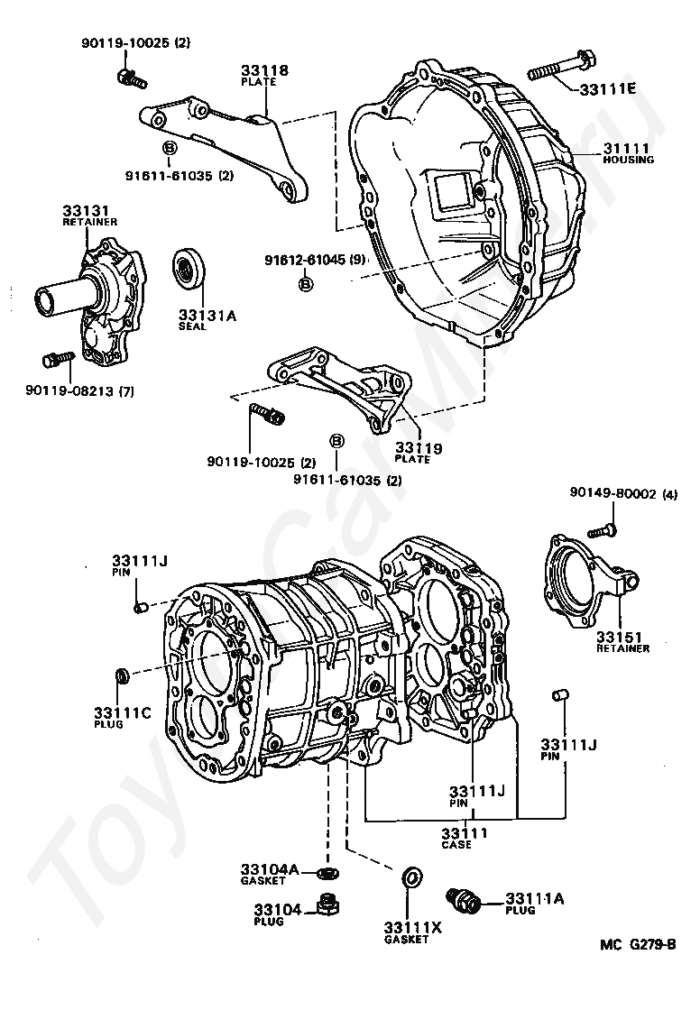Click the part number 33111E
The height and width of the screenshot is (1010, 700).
point(608,89)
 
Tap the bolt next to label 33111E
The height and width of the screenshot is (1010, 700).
point(561,67)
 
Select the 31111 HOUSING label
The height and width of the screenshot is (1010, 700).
point(628,153)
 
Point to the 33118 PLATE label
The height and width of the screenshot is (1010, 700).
point(265,75)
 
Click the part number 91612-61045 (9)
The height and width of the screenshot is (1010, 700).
point(315,261)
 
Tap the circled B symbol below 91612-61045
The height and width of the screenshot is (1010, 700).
point(306,283)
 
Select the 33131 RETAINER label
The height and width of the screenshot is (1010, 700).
point(89,216)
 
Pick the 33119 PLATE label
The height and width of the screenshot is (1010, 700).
point(419,453)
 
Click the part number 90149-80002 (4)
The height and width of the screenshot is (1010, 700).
point(623,494)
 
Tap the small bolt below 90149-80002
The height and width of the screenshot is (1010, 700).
point(603,531)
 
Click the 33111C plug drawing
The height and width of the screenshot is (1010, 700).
point(121,675)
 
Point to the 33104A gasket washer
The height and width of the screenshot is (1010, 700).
point(329,873)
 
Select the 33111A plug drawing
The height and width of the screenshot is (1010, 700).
point(464,900)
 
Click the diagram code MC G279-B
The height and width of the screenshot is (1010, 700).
point(638,945)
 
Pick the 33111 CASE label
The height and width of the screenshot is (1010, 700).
point(464,838)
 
